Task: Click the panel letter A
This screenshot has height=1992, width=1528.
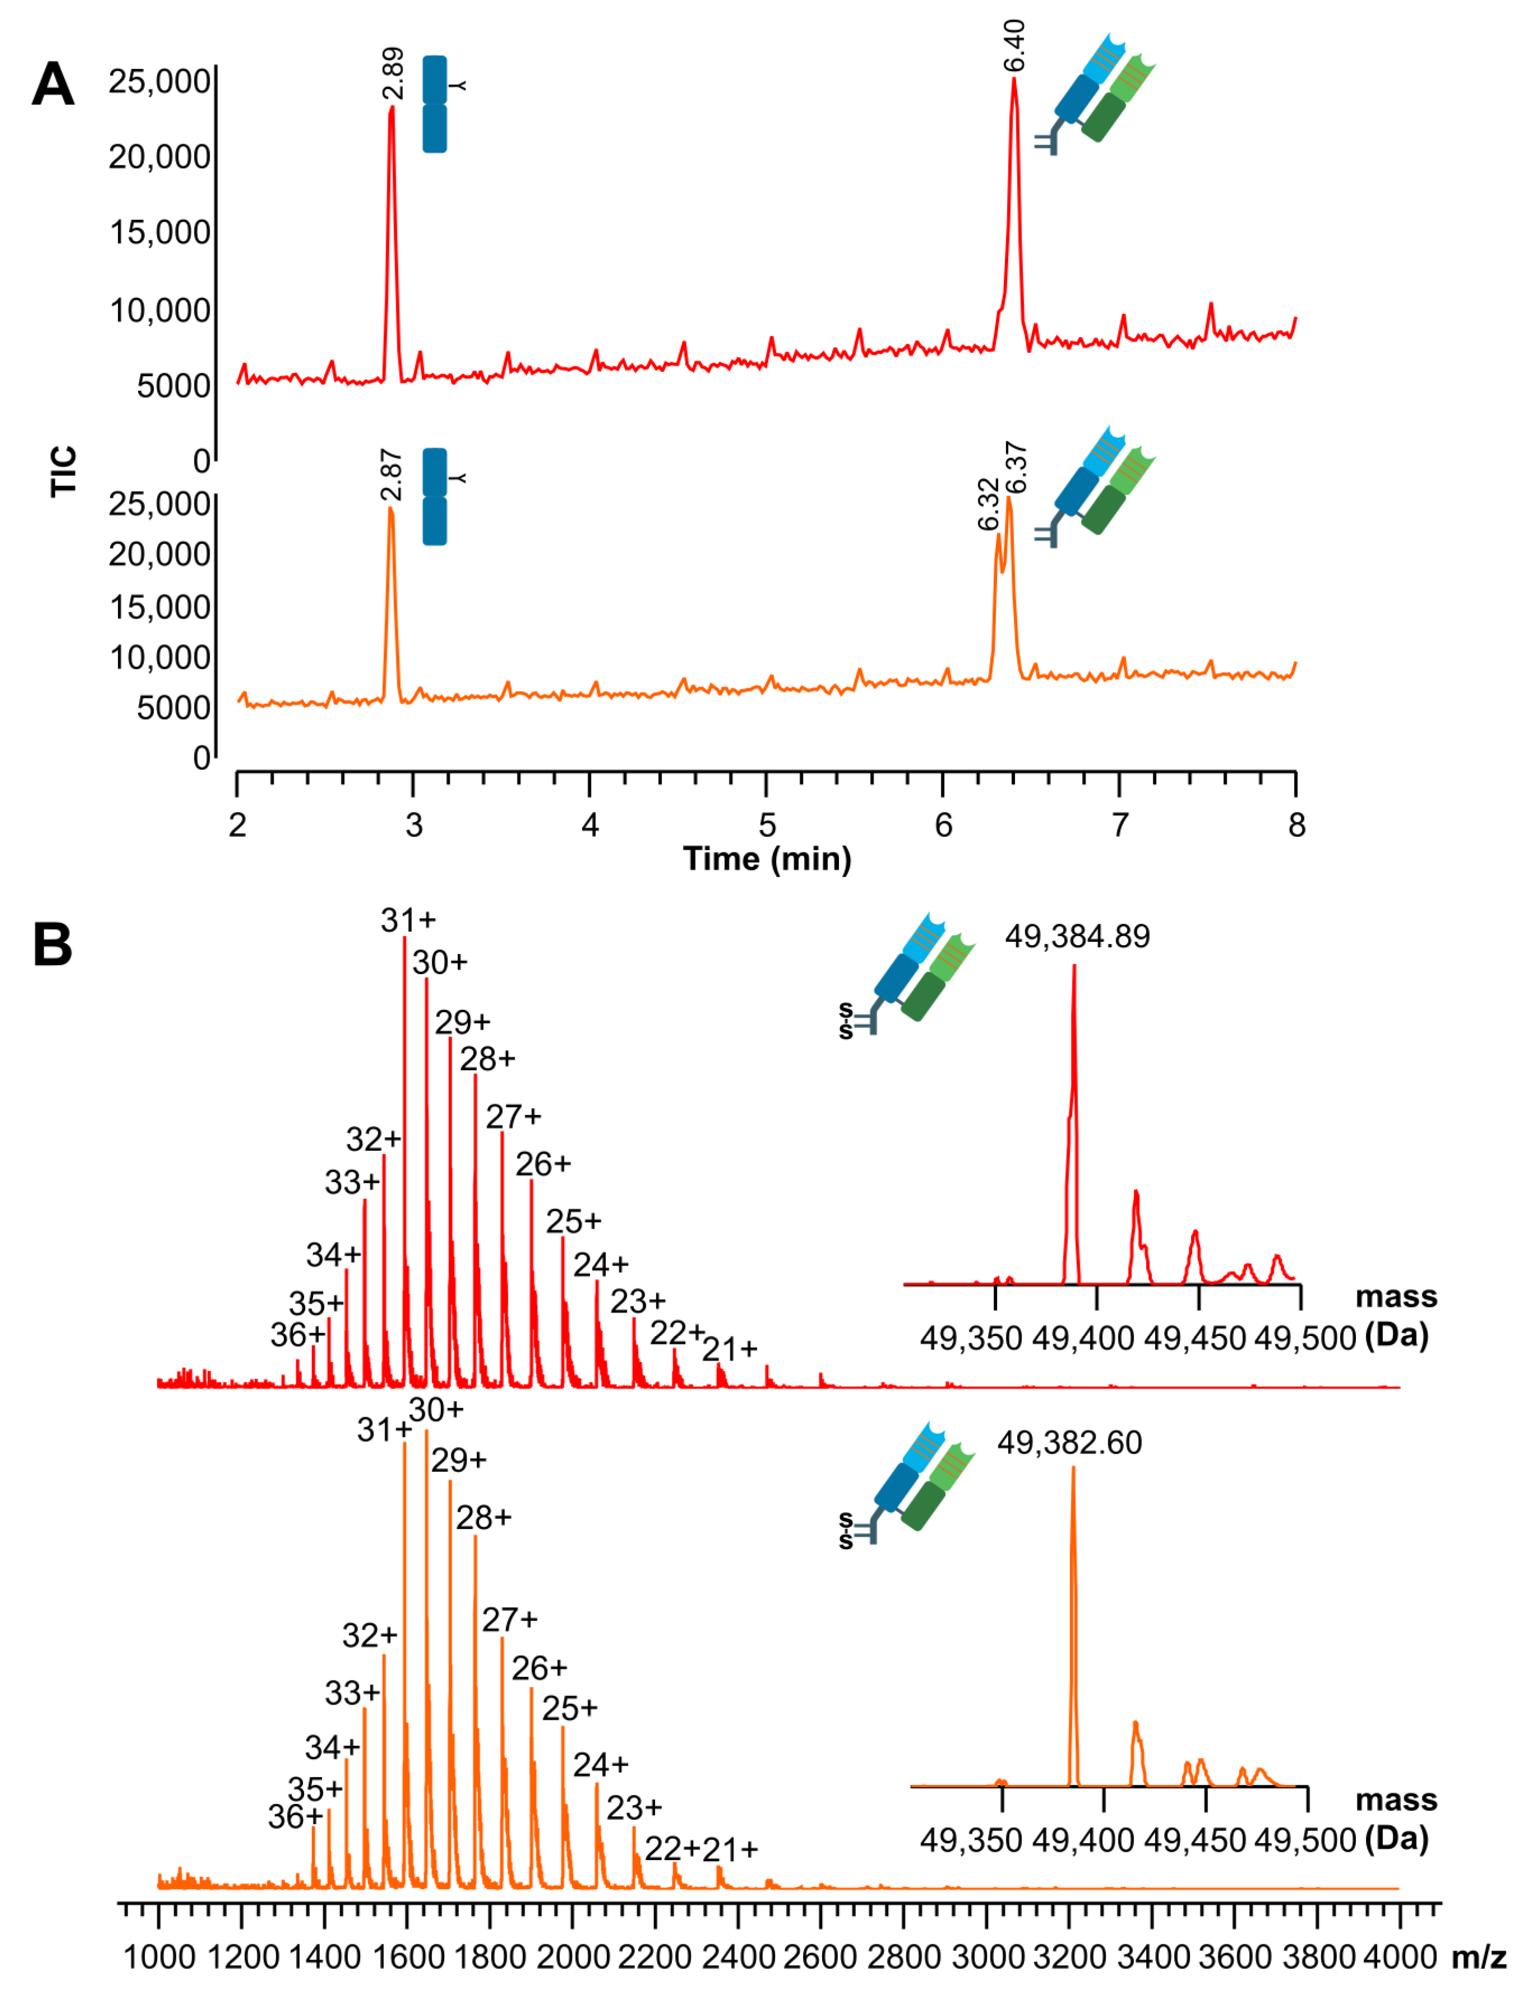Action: click(x=53, y=84)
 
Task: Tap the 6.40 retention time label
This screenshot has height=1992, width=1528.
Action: click(x=1015, y=45)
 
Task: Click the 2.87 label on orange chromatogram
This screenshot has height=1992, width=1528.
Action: click(x=392, y=474)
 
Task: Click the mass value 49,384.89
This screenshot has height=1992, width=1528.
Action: click(x=1077, y=936)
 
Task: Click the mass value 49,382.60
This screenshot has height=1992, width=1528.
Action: click(x=1070, y=1442)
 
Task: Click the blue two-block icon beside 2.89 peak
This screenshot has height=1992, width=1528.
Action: click(x=435, y=104)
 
